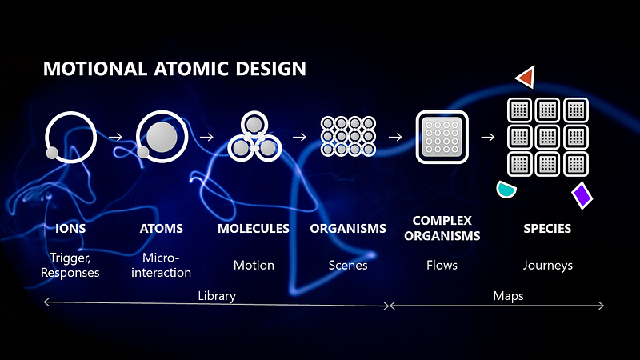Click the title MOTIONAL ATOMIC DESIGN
(174, 68)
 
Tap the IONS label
(70, 229)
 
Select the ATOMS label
(162, 229)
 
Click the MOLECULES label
(254, 229)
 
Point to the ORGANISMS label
(348, 229)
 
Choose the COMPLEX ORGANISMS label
(442, 228)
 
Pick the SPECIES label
(547, 229)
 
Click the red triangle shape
(526, 78)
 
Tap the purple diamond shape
(582, 195)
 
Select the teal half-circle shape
(506, 190)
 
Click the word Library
(217, 296)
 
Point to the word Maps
(509, 296)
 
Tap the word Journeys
(548, 265)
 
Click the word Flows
(442, 265)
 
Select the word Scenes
(348, 265)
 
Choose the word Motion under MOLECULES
(254, 265)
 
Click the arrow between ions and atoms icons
(115, 137)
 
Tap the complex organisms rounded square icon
(442, 137)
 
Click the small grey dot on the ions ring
(51, 152)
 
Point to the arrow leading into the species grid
(487, 137)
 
